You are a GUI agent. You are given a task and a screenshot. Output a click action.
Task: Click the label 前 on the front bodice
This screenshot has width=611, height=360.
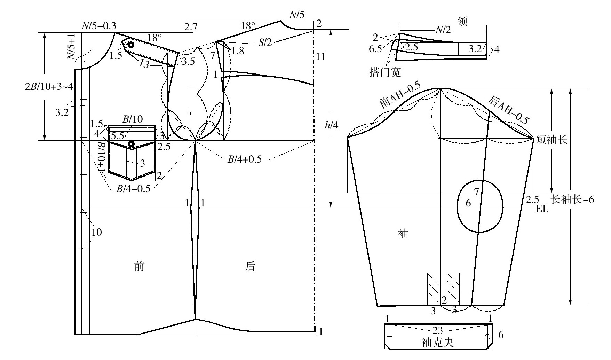point(139,266)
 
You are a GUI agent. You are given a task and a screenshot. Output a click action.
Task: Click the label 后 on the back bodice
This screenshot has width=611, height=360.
point(250,266)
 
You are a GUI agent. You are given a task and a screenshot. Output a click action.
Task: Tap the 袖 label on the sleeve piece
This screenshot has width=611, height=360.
point(403,234)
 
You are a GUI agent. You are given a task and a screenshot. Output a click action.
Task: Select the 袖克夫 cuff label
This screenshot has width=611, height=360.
point(438,343)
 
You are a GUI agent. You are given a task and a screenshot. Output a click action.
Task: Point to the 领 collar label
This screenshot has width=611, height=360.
point(462,21)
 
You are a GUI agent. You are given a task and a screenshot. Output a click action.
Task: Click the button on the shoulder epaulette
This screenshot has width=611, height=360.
point(131,45)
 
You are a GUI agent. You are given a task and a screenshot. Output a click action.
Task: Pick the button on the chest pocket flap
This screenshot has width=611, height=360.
point(131,144)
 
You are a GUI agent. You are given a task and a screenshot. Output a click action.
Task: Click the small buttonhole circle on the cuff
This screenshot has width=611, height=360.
point(487,337)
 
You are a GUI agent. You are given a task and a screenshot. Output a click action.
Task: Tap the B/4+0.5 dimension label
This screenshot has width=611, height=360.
point(245,159)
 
